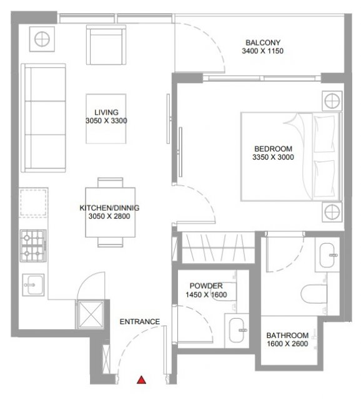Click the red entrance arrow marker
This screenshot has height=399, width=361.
coord(142,380)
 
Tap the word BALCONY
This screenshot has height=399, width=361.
coord(263,42)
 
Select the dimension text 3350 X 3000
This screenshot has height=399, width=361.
coord(273,157)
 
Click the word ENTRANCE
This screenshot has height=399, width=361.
coord(140,322)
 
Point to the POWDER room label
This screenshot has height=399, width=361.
coord(206,286)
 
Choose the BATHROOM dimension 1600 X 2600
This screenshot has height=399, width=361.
coord(287,344)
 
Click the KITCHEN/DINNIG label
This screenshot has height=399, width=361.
coord(109,208)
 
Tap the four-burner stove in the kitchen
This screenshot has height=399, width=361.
coord(33,246)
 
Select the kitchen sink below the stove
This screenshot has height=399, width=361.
coord(33,285)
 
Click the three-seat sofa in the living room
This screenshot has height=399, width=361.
coord(43,118)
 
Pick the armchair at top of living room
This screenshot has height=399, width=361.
coord(106,45)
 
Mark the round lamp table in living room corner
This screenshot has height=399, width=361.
coord(42,39)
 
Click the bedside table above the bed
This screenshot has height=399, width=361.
coord(332,101)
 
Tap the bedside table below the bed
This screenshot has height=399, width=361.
coord(332,212)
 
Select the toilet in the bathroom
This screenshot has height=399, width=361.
coord(314,294)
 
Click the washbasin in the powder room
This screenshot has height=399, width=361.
coord(237,330)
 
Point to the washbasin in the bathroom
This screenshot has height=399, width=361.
coord(327,255)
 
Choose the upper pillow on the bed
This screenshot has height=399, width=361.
coord(324,133)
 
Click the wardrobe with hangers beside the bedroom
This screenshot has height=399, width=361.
coord(219,248)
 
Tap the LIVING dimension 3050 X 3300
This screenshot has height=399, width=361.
coord(106,120)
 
